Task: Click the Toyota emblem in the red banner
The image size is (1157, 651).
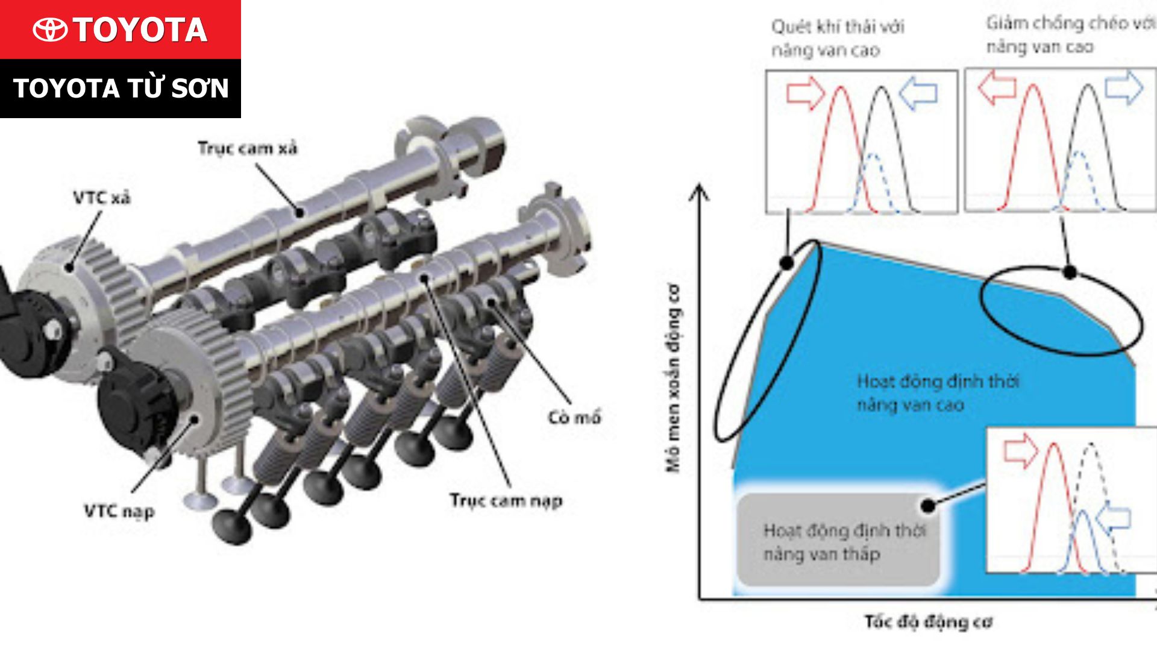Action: pyautogui.click(x=50, y=30)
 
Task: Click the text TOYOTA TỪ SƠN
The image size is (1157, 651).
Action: pyautogui.click(x=121, y=88)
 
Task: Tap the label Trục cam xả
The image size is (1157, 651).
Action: pyautogui.click(x=248, y=148)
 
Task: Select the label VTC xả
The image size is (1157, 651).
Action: pyautogui.click(x=101, y=198)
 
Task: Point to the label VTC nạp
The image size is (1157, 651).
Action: pyautogui.click(x=119, y=512)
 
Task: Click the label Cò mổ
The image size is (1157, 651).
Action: pyautogui.click(x=574, y=417)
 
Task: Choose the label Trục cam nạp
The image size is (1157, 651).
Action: pyautogui.click(x=506, y=500)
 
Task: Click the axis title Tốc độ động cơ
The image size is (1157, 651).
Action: pyautogui.click(x=928, y=621)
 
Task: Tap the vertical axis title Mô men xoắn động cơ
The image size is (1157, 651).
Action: pyautogui.click(x=673, y=378)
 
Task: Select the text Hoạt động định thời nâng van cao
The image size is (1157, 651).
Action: pyautogui.click(x=938, y=393)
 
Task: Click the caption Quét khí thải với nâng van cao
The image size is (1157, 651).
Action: pyautogui.click(x=838, y=38)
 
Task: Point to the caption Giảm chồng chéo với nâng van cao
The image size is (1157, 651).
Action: pyautogui.click(x=1070, y=35)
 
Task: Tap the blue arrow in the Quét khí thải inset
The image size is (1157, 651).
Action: pyautogui.click(x=918, y=92)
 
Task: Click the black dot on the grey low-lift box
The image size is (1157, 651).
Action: pyautogui.click(x=929, y=505)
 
